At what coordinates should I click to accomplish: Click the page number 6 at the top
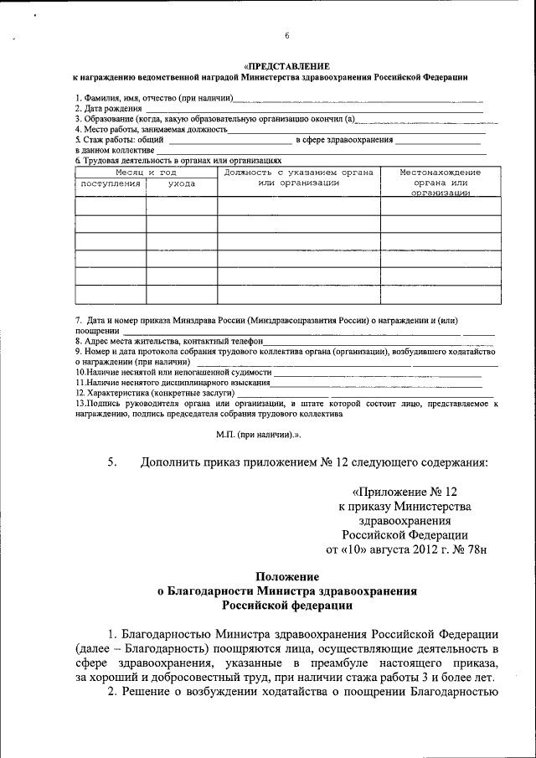pos(286,35)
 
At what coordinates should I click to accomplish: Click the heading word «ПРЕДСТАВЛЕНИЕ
pos(286,65)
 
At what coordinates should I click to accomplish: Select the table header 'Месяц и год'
pos(146,172)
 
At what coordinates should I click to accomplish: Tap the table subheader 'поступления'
pos(110,183)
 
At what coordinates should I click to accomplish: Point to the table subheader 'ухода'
pos(181,183)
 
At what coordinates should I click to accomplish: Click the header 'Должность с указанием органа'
pos(298,172)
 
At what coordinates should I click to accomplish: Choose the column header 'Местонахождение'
pos(440,172)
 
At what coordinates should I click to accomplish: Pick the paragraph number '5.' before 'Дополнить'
pos(112,462)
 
